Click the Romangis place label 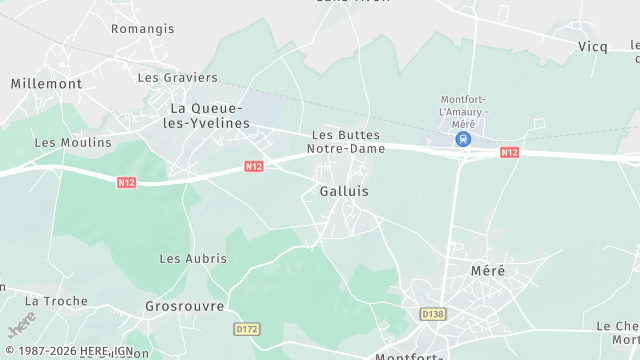pyautogui.click(x=142, y=29)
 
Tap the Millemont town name pyautogui.click(x=46, y=84)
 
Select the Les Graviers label pyautogui.click(x=177, y=77)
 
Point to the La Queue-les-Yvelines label pyautogui.click(x=209, y=115)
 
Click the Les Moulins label pyautogui.click(x=73, y=142)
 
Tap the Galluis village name pyautogui.click(x=344, y=190)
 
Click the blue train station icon pyautogui.click(x=463, y=139)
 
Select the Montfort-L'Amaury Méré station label pyautogui.click(x=462, y=111)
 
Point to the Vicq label pyautogui.click(x=593, y=47)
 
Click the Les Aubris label pyautogui.click(x=193, y=258)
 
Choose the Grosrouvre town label pyautogui.click(x=184, y=306)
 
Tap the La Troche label pyautogui.click(x=56, y=300)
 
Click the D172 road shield pyautogui.click(x=247, y=328)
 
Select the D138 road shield pyautogui.click(x=432, y=314)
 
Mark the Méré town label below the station pyautogui.click(x=488, y=271)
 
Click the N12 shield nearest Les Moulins pyautogui.click(x=126, y=182)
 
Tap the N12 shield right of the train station pyautogui.click(x=509, y=152)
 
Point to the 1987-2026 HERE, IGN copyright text pyautogui.click(x=67, y=351)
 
